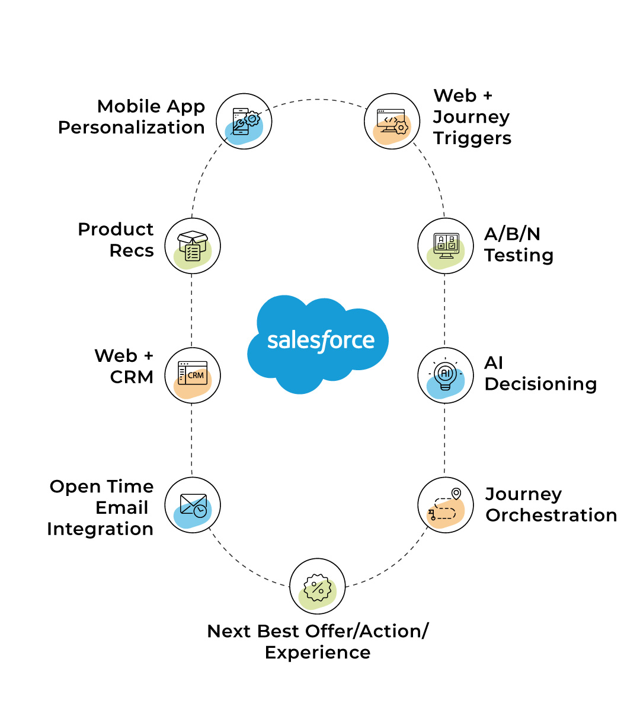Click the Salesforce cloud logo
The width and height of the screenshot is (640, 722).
[x=318, y=342]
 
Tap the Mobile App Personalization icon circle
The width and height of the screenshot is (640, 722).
[x=244, y=122]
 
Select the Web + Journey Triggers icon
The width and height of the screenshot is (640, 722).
[x=392, y=122]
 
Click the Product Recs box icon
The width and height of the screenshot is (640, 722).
[x=193, y=246]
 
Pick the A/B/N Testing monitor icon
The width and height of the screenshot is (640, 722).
[x=446, y=246]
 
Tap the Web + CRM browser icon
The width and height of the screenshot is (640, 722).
[x=193, y=376]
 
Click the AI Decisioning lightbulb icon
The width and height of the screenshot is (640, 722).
[x=446, y=376]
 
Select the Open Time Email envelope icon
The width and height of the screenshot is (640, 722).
[x=193, y=505]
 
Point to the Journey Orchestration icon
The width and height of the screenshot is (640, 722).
[x=446, y=505]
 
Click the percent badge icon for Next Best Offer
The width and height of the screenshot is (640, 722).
[x=318, y=587]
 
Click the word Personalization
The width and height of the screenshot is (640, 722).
[x=132, y=128]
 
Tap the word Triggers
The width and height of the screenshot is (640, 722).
[x=472, y=138]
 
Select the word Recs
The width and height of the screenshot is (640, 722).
[x=132, y=251]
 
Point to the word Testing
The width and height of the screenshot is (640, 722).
[x=519, y=256]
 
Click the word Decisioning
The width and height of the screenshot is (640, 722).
[x=540, y=384]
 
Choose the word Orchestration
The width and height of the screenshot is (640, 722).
[x=551, y=515]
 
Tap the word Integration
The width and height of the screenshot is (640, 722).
[x=100, y=529]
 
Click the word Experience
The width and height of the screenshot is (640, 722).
[x=318, y=653]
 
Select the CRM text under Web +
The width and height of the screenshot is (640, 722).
[x=132, y=377]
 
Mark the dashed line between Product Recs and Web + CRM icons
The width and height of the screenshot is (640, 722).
[x=191, y=311]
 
